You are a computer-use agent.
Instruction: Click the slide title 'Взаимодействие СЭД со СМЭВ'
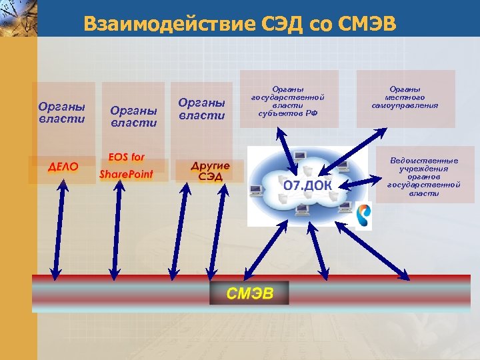[240, 25]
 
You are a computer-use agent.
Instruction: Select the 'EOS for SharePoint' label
[126, 166]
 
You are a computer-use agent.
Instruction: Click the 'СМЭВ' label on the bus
[249, 294]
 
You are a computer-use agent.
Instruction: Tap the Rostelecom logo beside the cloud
[364, 215]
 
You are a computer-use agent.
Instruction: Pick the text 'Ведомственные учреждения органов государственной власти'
[424, 177]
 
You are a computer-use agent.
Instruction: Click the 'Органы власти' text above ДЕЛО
[62, 112]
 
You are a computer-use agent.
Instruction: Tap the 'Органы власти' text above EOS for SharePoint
[133, 116]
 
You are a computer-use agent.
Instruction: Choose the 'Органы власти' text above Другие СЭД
[202, 109]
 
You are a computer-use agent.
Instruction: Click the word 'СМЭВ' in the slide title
[368, 25]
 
